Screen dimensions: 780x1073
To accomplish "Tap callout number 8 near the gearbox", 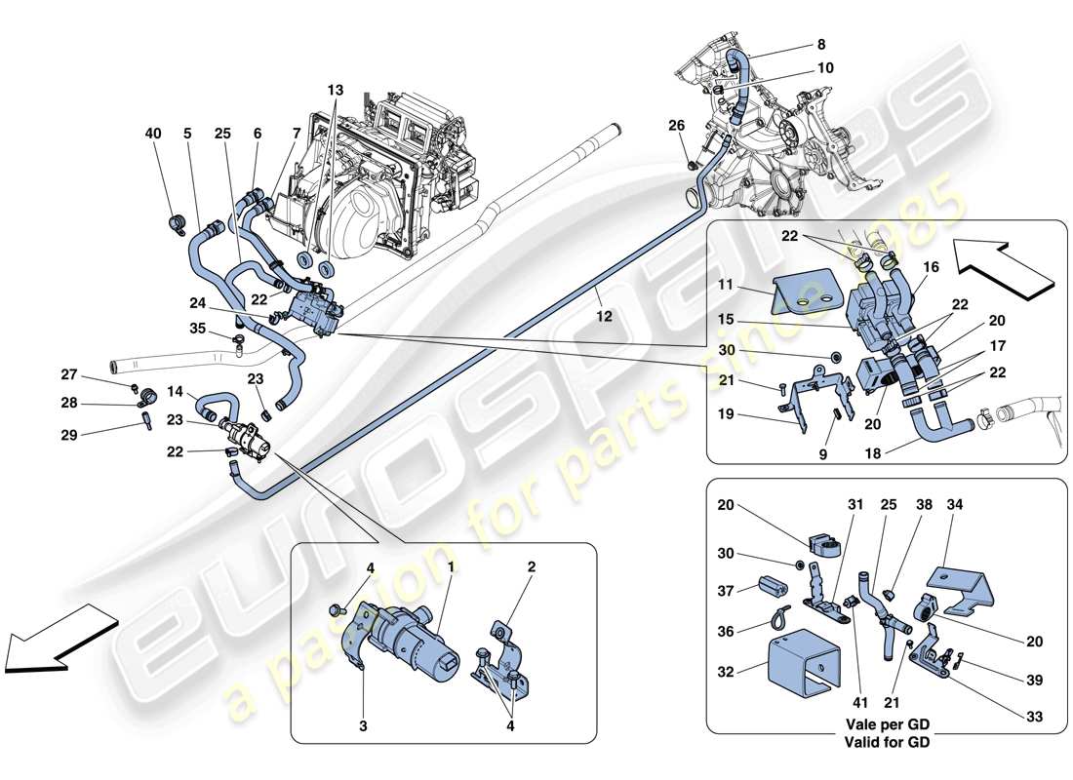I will (821, 44).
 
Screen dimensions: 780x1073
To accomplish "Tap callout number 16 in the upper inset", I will (932, 265).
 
